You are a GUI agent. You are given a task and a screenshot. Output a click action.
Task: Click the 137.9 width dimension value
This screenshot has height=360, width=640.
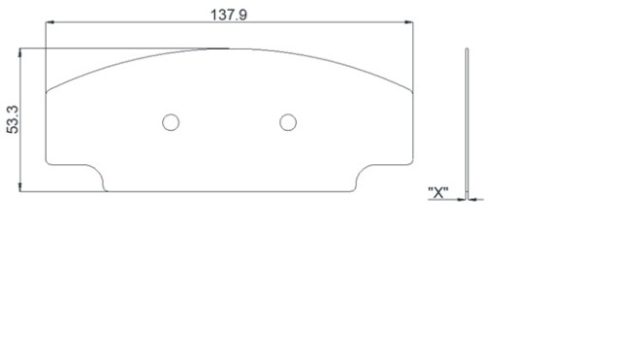point(229,15)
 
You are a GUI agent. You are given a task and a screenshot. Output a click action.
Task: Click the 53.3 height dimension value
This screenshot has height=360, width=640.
point(13,119)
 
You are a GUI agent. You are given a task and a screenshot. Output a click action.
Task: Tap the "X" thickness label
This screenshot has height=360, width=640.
point(438,192)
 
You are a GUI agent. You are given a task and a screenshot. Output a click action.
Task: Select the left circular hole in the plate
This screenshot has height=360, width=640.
point(171,122)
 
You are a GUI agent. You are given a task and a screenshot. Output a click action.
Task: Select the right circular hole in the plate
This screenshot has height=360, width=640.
point(288,122)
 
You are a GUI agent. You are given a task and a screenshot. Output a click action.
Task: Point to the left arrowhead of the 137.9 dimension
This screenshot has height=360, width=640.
point(49,22)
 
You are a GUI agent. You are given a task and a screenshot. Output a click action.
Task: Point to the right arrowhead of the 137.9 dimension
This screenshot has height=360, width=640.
point(408,22)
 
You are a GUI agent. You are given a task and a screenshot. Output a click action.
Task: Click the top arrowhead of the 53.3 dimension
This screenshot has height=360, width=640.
point(19,52)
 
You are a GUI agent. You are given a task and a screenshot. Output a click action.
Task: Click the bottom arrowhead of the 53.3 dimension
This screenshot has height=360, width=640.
point(19,187)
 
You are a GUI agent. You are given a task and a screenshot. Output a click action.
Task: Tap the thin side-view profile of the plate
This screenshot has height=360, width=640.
point(467,123)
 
